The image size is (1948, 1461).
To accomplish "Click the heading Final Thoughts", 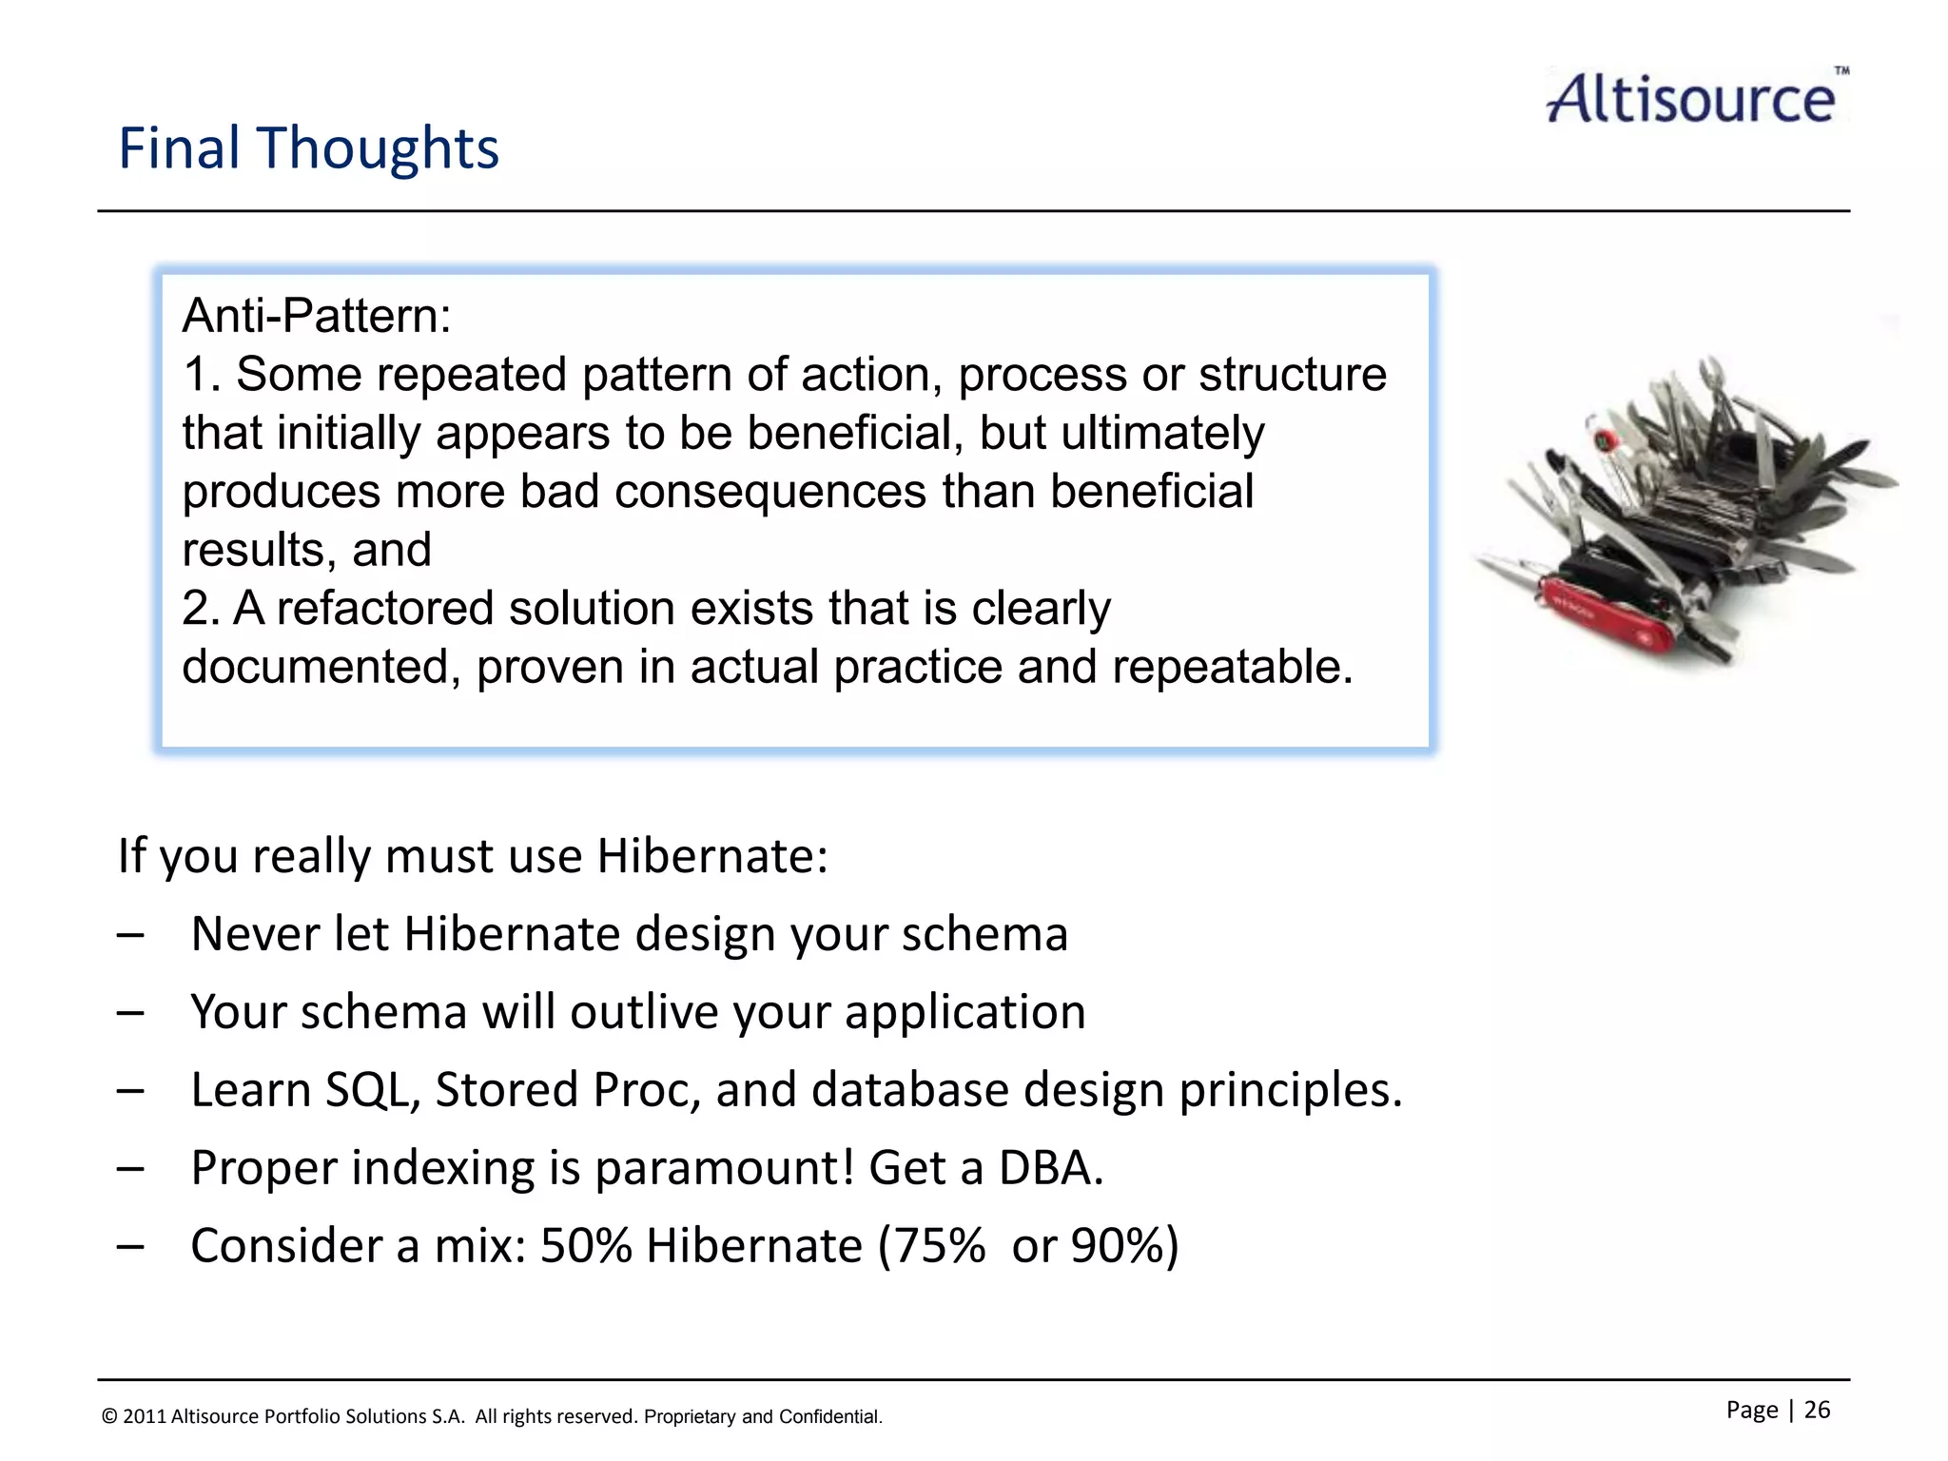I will pyautogui.click(x=308, y=149).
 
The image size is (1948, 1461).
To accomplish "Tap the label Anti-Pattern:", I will pyautogui.click(x=316, y=316).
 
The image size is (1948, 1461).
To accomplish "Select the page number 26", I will pyautogui.click(x=1817, y=1410).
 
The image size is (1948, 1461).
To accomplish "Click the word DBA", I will pyautogui.click(x=1050, y=1168).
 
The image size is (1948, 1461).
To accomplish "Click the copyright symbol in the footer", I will pyautogui.click(x=109, y=1417).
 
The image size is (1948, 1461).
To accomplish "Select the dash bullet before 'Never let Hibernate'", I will pyautogui.click(x=130, y=935).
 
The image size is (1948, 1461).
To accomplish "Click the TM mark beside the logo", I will pyautogui.click(x=1841, y=71).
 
